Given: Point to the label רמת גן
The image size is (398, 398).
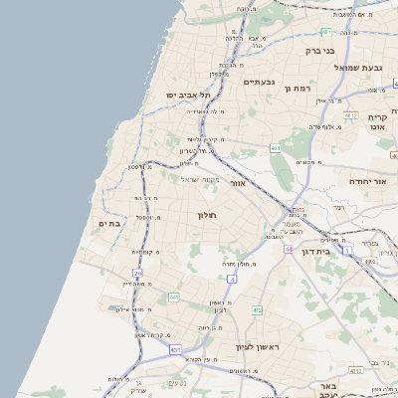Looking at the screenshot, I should tap(299, 89).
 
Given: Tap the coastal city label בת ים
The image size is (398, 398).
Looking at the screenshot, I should tap(107, 224).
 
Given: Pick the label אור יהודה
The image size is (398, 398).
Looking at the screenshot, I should tap(370, 183).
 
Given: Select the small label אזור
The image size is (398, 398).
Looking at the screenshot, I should tap(237, 183).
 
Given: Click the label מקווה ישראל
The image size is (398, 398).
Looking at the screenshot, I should tap(199, 179).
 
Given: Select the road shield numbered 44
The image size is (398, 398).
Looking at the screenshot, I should tap(289, 249).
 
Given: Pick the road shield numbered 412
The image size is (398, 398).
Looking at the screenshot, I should tap(257, 310).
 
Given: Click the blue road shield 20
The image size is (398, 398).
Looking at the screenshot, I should tap(137, 273).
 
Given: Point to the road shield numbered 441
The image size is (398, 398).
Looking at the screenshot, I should tap(174, 297).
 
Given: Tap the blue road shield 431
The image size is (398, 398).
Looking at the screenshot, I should tap(175, 349).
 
